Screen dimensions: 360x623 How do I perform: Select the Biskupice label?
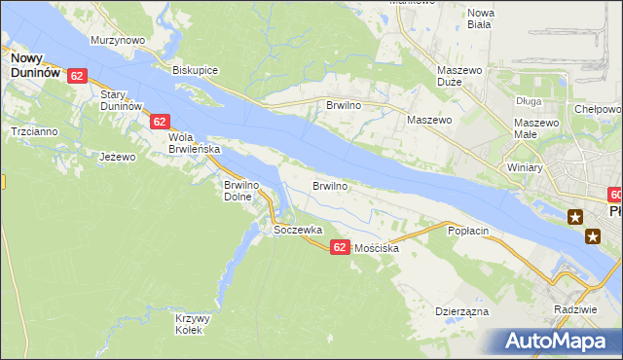point(195,71)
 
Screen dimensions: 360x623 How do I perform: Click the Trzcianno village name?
point(33,130)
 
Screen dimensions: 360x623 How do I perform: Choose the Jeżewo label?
point(118,156)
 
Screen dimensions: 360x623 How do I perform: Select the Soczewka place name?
point(298,231)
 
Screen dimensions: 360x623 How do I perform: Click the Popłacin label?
point(466,231)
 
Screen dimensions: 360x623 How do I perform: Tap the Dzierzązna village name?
point(461,312)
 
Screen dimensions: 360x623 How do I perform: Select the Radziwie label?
point(572,308)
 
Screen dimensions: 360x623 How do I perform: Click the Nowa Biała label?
point(482,19)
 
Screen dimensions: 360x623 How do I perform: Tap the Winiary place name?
point(524,167)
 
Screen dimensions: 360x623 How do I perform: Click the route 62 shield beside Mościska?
point(339,248)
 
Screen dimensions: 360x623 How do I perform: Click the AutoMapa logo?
point(559,341)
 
